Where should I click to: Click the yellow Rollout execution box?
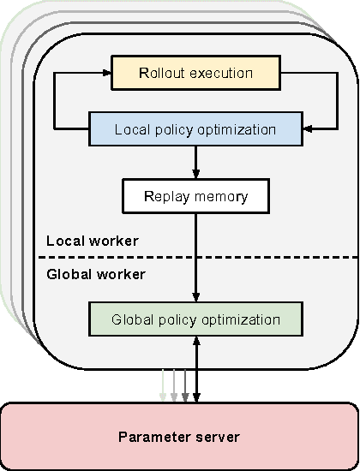coord(195,73)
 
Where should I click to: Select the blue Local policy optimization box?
coord(195,130)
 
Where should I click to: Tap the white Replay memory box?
coord(195,196)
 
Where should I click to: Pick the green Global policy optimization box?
coord(195,319)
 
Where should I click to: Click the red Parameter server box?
coord(179,437)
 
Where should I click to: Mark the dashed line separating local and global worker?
coord(257,257)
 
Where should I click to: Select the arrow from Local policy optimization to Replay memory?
coord(196,163)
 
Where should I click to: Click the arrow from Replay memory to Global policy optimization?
coord(196,257)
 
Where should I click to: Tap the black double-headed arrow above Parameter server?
coord(197,368)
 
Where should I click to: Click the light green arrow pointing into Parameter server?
coord(163,385)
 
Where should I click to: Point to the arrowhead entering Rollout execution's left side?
coord(106,73)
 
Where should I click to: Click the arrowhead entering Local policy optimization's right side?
coord(308,130)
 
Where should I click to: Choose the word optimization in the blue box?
coord(237,130)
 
